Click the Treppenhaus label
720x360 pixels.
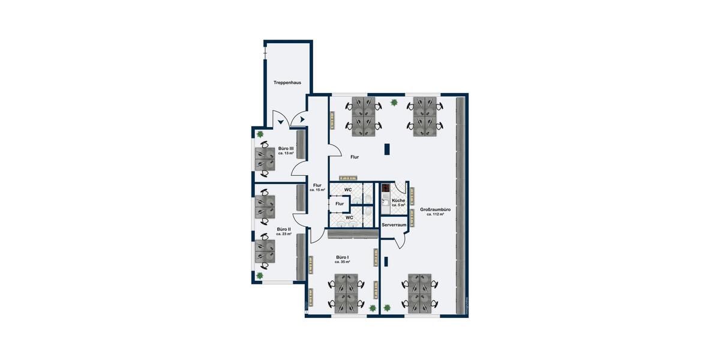coord(287,83)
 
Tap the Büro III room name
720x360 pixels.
coord(286,148)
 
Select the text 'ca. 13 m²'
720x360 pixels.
coord(286,154)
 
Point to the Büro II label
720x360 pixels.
coord(284,229)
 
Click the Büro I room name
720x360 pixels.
coord(343,257)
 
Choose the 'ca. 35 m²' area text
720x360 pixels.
coord(343,262)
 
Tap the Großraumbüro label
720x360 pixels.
coord(436,209)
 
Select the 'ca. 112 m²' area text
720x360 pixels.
coord(436,214)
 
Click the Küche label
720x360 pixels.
coord(398,200)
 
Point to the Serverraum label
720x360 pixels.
coord(394,225)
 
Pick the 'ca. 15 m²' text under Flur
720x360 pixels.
coord(317,190)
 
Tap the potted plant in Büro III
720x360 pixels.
coord(260,134)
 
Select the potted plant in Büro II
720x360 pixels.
coord(260,275)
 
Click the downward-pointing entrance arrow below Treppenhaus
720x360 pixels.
coord(280,122)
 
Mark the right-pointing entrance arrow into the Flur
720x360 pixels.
coord(302,119)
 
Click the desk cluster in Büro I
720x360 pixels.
coord(347,293)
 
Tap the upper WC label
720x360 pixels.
coord(348,190)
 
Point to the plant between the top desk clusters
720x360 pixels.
coord(394,103)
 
